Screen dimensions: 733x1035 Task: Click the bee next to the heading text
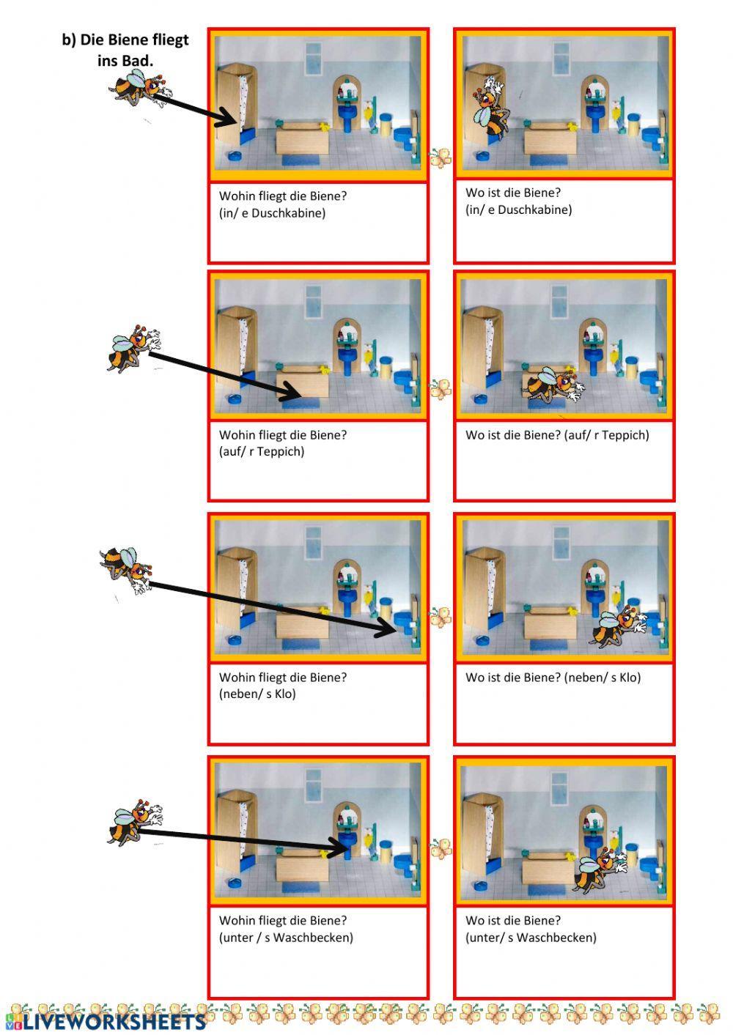(x=139, y=88)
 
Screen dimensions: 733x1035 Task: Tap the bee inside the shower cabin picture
(x=491, y=107)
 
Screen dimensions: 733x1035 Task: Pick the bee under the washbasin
(x=600, y=869)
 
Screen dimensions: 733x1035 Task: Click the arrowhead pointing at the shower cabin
(x=228, y=117)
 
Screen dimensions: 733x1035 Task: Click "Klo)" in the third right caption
(x=630, y=678)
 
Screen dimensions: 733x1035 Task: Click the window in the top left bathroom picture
(x=313, y=56)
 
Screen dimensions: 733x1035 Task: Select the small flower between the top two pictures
(x=441, y=158)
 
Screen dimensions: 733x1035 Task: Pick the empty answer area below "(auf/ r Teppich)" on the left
(x=318, y=478)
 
